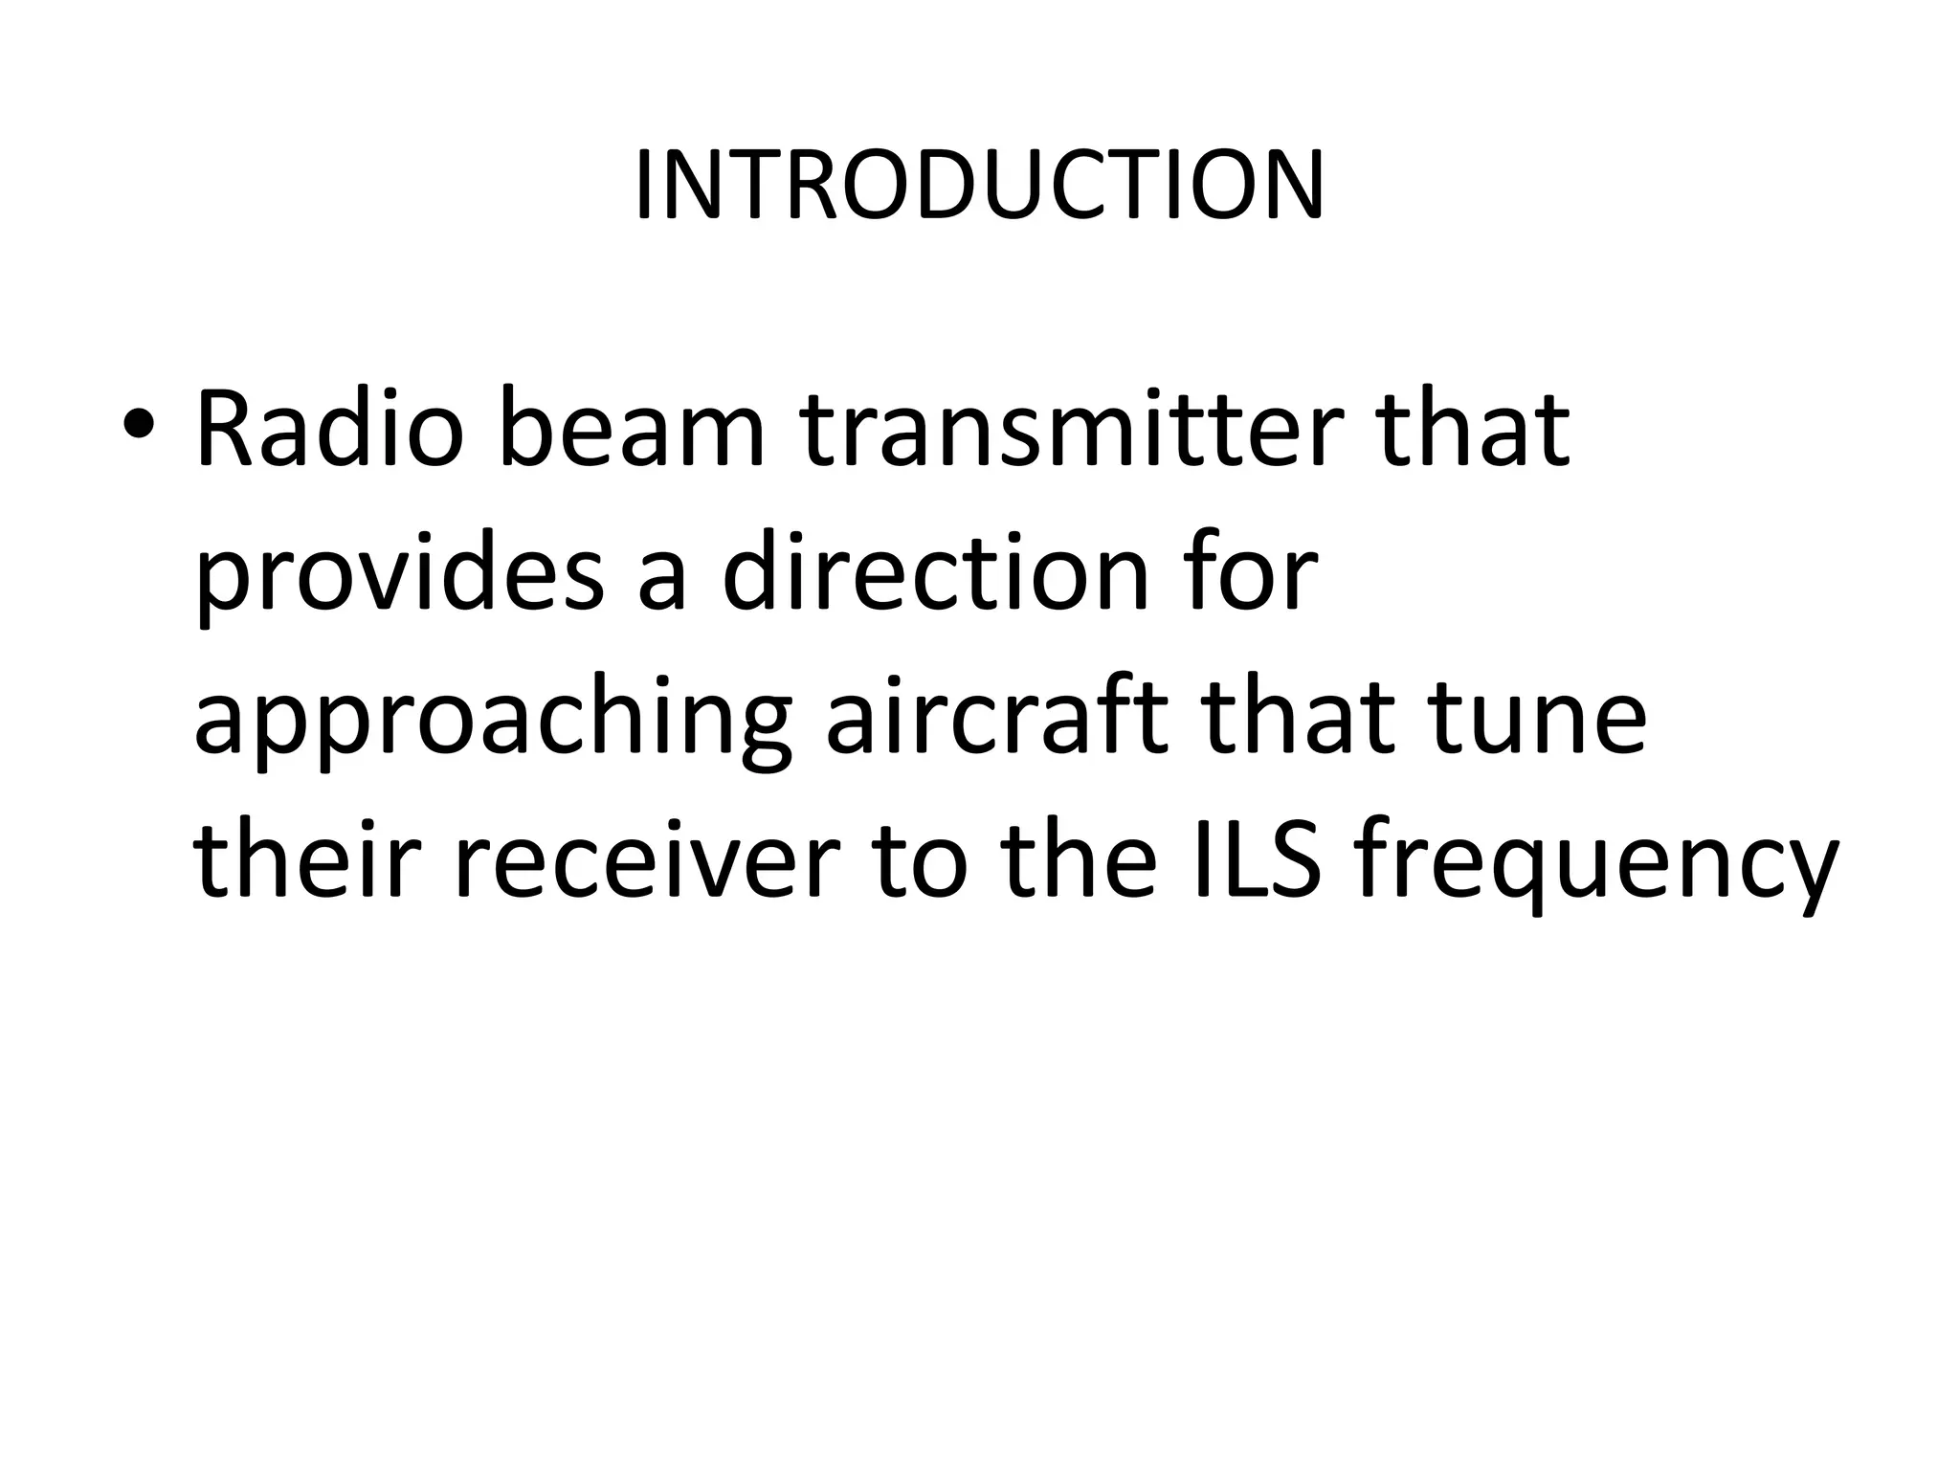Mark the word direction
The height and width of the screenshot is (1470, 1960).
click(934, 571)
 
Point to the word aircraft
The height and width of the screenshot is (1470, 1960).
click(995, 715)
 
